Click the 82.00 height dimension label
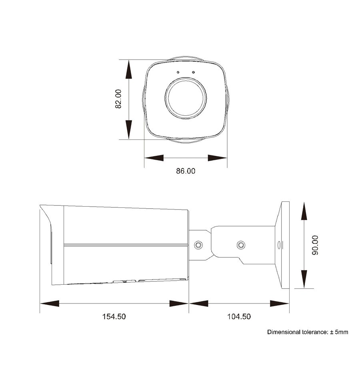click(118, 99)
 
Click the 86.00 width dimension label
click(186, 171)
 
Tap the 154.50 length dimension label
click(114, 316)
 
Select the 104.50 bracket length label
click(239, 316)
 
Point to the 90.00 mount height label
click(315, 245)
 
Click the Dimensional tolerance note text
click(308, 332)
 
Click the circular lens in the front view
click(186, 99)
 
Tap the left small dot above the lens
click(178, 72)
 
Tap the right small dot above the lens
click(194, 72)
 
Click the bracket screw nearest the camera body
click(198, 245)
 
